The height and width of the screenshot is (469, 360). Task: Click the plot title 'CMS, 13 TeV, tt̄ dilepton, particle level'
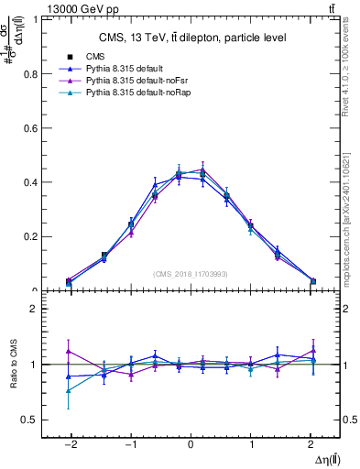(x=192, y=38)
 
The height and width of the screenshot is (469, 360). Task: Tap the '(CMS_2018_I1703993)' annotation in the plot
(x=191, y=273)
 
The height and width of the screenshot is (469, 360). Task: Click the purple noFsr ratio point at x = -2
(x=69, y=351)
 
